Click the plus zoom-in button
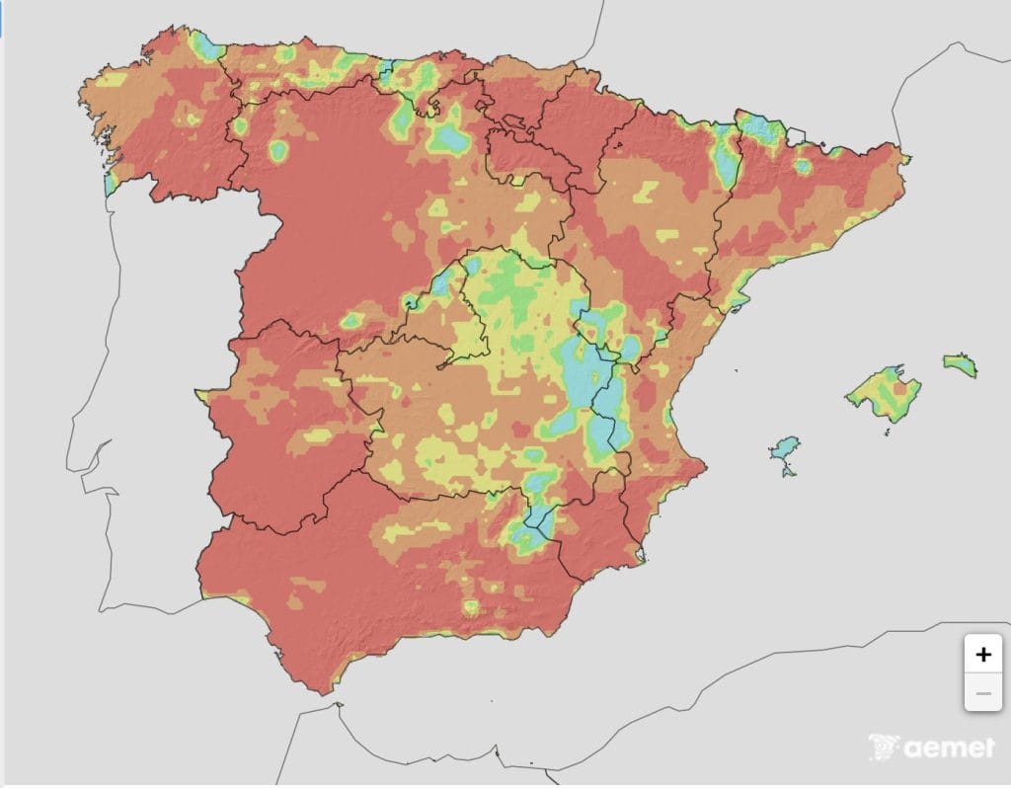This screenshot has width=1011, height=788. click(x=982, y=654)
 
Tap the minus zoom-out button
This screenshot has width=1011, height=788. click(x=982, y=693)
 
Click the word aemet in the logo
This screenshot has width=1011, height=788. click(x=947, y=749)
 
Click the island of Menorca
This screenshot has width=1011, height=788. click(x=960, y=364)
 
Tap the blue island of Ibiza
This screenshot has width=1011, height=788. click(x=785, y=449)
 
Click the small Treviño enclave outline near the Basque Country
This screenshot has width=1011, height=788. click(x=511, y=123)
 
